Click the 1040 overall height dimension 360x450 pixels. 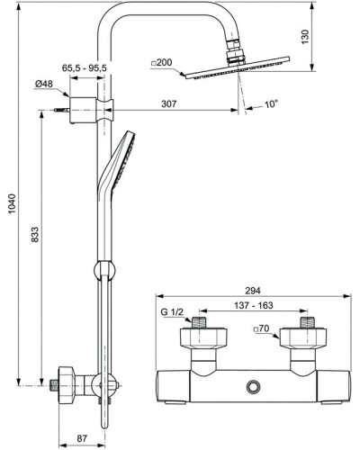[x=12, y=204]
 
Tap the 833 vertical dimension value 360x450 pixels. [x=35, y=235]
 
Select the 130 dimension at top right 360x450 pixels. [x=305, y=37]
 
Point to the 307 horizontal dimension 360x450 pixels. [x=169, y=103]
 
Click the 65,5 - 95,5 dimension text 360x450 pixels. [x=85, y=68]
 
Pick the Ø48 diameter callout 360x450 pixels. [x=43, y=84]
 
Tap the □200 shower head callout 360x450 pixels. [x=162, y=62]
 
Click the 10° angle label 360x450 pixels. [x=271, y=104]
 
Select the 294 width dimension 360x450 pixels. [x=253, y=291]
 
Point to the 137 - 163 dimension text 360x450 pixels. [x=254, y=305]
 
